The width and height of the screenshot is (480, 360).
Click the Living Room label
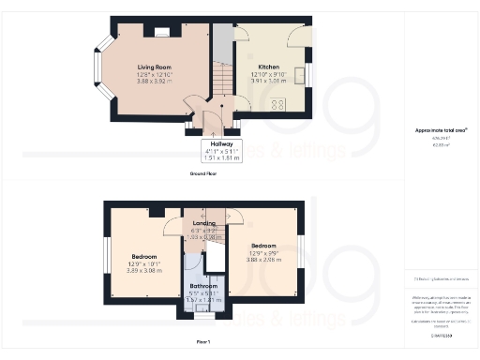click(x=155, y=67)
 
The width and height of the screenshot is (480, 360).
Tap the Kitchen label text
click(x=268, y=67)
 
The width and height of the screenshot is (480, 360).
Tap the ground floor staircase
click(x=221, y=75)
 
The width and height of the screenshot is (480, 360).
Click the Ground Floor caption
click(x=204, y=174)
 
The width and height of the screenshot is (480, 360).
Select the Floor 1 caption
click(x=203, y=343)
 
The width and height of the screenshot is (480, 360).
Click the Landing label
click(x=203, y=223)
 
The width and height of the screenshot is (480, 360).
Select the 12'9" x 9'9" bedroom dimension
click(x=265, y=250)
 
